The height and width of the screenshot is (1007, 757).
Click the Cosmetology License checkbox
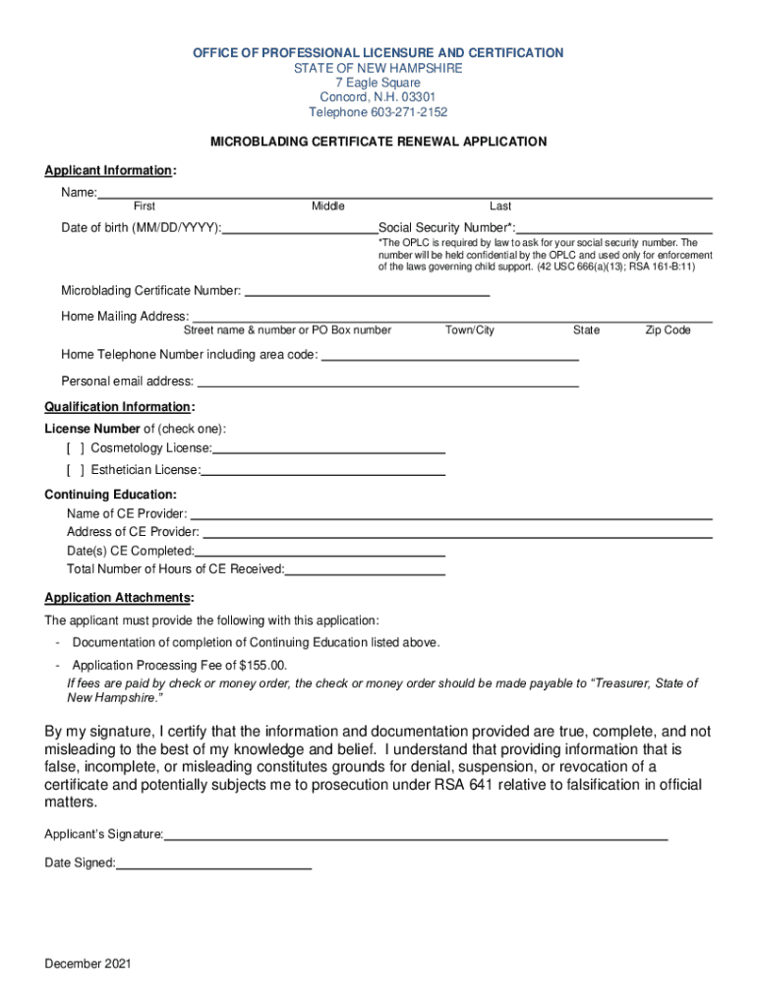(x=75, y=448)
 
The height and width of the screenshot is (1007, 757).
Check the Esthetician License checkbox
(x=75, y=470)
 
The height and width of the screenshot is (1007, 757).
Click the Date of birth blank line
(x=300, y=229)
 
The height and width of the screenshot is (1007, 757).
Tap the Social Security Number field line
(x=614, y=229)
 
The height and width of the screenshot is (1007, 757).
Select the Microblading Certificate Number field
(x=366, y=291)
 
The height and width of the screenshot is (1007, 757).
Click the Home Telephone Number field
(x=450, y=355)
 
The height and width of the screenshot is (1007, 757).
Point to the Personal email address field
(x=387, y=382)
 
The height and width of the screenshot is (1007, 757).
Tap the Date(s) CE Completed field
(x=320, y=552)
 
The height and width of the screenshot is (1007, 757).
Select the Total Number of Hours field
(x=365, y=569)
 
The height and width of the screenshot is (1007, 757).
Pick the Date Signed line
(x=213, y=864)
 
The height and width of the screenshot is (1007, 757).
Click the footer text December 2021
(x=87, y=964)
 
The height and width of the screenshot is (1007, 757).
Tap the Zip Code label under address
(x=668, y=330)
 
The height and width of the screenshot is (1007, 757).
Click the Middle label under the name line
(x=328, y=207)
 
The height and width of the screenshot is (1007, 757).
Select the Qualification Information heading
(x=118, y=407)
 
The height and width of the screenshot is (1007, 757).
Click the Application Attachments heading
(x=118, y=598)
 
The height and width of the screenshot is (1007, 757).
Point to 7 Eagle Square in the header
(x=378, y=83)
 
